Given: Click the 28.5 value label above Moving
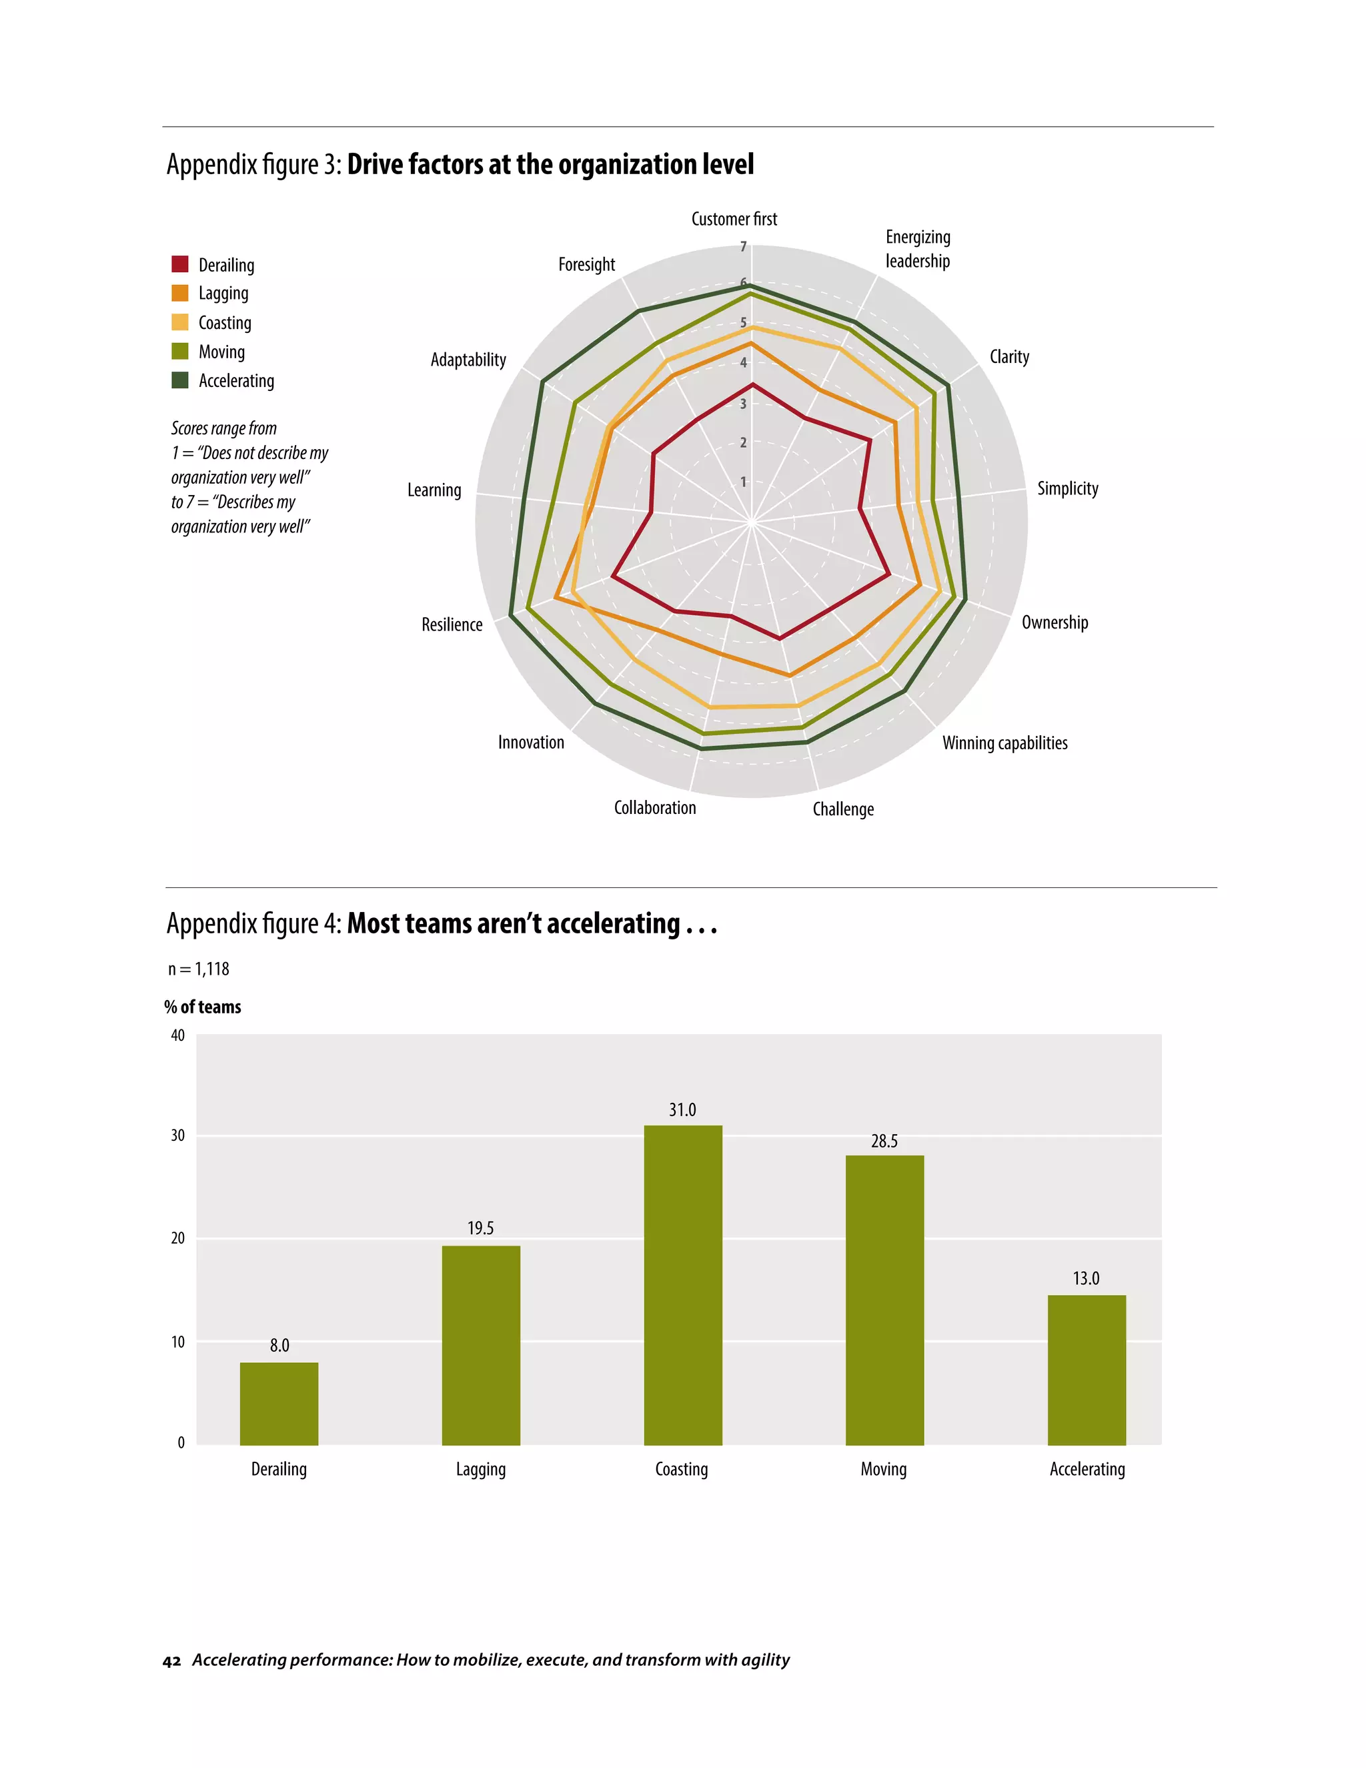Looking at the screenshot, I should (x=884, y=1141).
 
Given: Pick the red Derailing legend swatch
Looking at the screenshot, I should (x=179, y=265).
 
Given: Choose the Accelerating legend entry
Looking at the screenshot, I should (x=235, y=380).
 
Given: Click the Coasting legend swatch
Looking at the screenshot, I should (x=179, y=322).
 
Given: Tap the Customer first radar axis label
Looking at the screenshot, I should (x=733, y=219).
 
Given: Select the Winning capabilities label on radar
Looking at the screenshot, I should (x=1004, y=743).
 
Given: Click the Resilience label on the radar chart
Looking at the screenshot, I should (x=452, y=624).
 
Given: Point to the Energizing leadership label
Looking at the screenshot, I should (x=917, y=249).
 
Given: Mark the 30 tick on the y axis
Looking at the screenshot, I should (x=178, y=1135).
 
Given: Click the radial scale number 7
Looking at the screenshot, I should (x=743, y=246).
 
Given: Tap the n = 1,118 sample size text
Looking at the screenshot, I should (x=198, y=969).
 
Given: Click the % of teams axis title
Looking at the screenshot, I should (x=202, y=1006).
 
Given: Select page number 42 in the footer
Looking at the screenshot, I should (x=171, y=1661).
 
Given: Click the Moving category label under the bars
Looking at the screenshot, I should (x=883, y=1468).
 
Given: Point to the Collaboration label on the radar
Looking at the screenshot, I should (x=655, y=807).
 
